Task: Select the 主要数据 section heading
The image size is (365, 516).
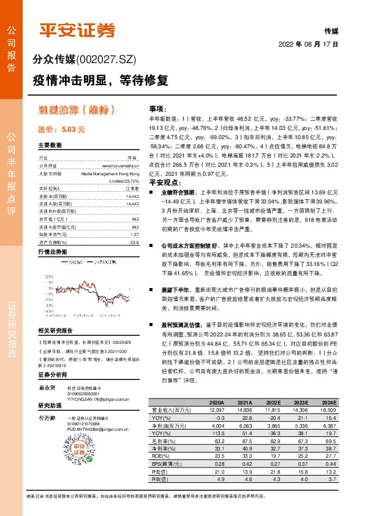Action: (50, 145)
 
